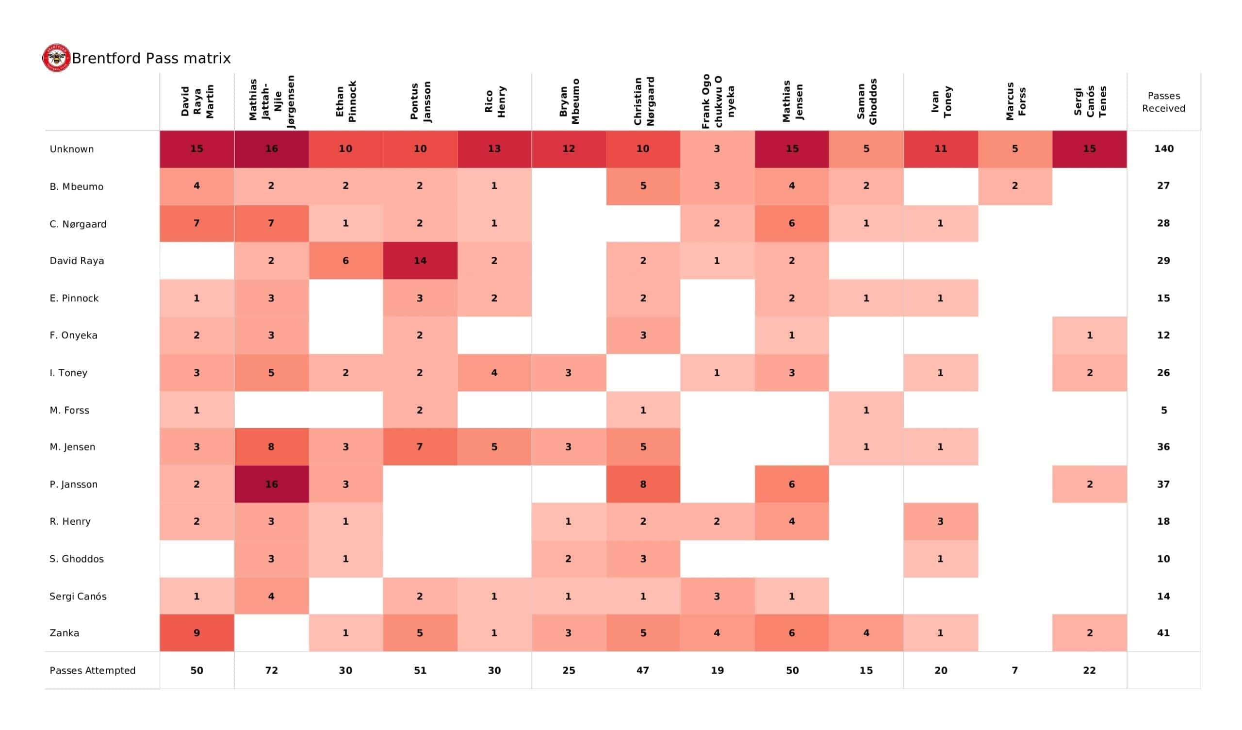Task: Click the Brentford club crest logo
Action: (56, 58)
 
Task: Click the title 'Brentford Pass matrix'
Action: (151, 59)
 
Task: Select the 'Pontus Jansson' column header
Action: (421, 101)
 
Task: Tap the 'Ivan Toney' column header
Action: (941, 101)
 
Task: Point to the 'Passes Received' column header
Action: (1163, 102)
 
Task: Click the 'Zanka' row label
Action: (64, 633)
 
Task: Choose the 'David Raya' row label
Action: (76, 261)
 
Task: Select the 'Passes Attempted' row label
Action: (92, 670)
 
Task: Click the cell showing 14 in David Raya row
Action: (420, 261)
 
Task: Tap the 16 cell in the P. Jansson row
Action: (272, 484)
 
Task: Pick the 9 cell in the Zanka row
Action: (196, 633)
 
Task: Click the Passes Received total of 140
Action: (1163, 149)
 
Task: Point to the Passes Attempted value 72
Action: (272, 670)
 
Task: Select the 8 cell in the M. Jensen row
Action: (272, 447)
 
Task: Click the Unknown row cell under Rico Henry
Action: (494, 149)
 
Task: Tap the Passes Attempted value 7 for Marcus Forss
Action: (1015, 670)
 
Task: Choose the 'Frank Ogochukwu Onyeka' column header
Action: (718, 101)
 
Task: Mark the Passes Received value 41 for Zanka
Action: (1163, 633)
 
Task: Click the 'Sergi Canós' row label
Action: (78, 597)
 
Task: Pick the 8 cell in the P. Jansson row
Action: (643, 484)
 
